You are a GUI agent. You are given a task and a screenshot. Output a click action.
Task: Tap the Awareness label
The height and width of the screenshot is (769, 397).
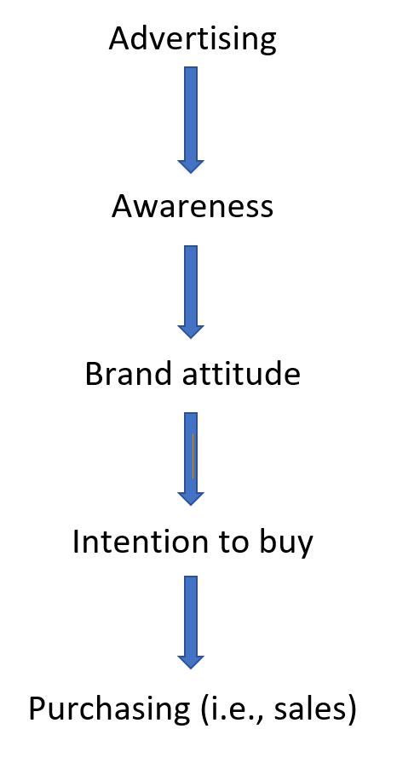pyautogui.click(x=193, y=206)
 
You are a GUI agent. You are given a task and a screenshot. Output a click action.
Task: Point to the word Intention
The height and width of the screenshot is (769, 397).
pyautogui.click(x=140, y=542)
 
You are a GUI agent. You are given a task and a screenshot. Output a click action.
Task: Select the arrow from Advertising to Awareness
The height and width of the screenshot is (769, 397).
pyautogui.click(x=190, y=120)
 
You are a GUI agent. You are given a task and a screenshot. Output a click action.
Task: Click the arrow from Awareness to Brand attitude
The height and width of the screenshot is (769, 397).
pyautogui.click(x=190, y=292)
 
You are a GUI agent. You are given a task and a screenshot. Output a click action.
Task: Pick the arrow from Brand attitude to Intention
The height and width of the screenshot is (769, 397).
pyautogui.click(x=190, y=458)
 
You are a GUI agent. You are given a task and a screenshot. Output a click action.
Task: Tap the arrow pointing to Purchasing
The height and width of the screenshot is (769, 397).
pyautogui.click(x=190, y=623)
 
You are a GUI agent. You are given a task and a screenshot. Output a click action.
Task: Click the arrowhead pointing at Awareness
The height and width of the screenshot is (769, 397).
pyautogui.click(x=190, y=166)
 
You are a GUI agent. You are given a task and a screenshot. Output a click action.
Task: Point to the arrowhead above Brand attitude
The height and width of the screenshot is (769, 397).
pyautogui.click(x=190, y=331)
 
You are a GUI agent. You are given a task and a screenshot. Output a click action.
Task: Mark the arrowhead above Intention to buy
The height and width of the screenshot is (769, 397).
pyautogui.click(x=190, y=498)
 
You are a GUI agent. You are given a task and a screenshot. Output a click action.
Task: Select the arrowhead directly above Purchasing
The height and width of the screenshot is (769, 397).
pyautogui.click(x=190, y=662)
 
